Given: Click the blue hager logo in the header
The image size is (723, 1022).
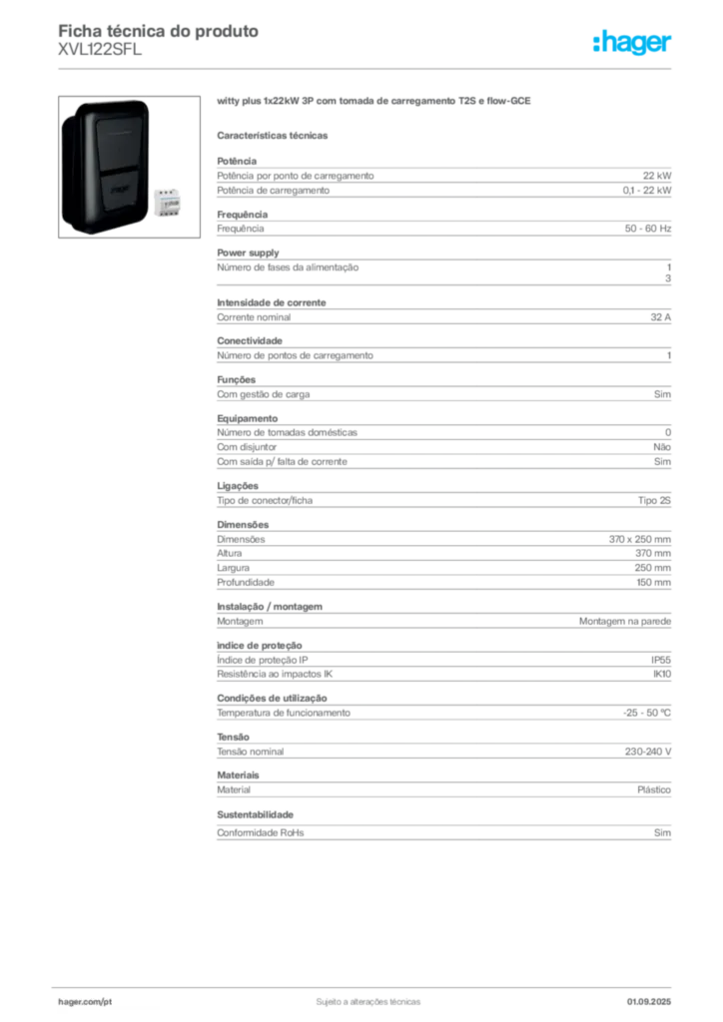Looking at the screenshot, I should [633, 44].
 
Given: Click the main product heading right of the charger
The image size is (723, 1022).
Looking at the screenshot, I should [375, 102].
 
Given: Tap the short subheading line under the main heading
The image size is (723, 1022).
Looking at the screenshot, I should [275, 135].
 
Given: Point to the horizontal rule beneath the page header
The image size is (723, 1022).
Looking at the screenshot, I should [367, 67].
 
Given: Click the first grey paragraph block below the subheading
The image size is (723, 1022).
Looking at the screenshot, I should [443, 179].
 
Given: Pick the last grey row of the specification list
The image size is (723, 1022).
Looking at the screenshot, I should [443, 834].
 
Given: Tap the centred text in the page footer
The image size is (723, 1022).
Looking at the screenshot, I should [363, 996].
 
